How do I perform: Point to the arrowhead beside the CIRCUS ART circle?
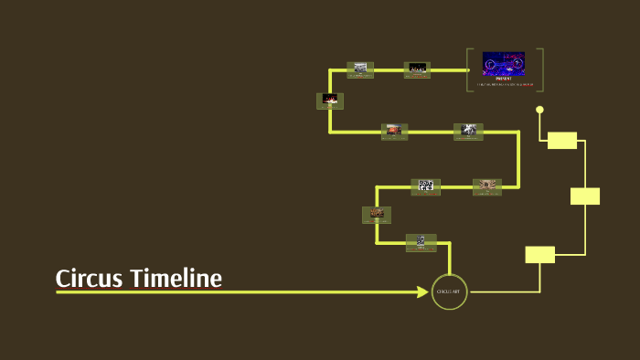pyautogui.click(x=422, y=292)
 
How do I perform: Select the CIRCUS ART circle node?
pyautogui.click(x=450, y=291)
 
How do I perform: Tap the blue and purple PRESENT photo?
pyautogui.click(x=504, y=64)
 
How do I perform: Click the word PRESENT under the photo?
pyautogui.click(x=504, y=79)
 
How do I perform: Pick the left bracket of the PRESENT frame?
pyautogui.click(x=468, y=69)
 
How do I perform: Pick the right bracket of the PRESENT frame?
pyautogui.click(x=541, y=69)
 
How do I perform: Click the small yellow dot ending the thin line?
pyautogui.click(x=539, y=110)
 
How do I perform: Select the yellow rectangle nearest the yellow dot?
pyautogui.click(x=562, y=140)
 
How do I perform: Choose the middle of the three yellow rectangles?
pyautogui.click(x=585, y=196)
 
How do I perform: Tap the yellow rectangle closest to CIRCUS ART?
pyautogui.click(x=540, y=254)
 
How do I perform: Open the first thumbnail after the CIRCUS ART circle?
pyautogui.click(x=421, y=242)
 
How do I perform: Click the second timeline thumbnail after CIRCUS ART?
pyautogui.click(x=377, y=215)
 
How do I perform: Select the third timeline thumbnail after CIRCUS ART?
pyautogui.click(x=425, y=186)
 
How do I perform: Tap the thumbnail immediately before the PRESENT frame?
pyautogui.click(x=417, y=69)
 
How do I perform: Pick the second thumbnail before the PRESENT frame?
pyautogui.click(x=360, y=69)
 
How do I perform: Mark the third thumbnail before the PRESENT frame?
pyautogui.click(x=330, y=101)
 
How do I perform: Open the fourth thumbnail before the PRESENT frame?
pyautogui.click(x=395, y=132)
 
